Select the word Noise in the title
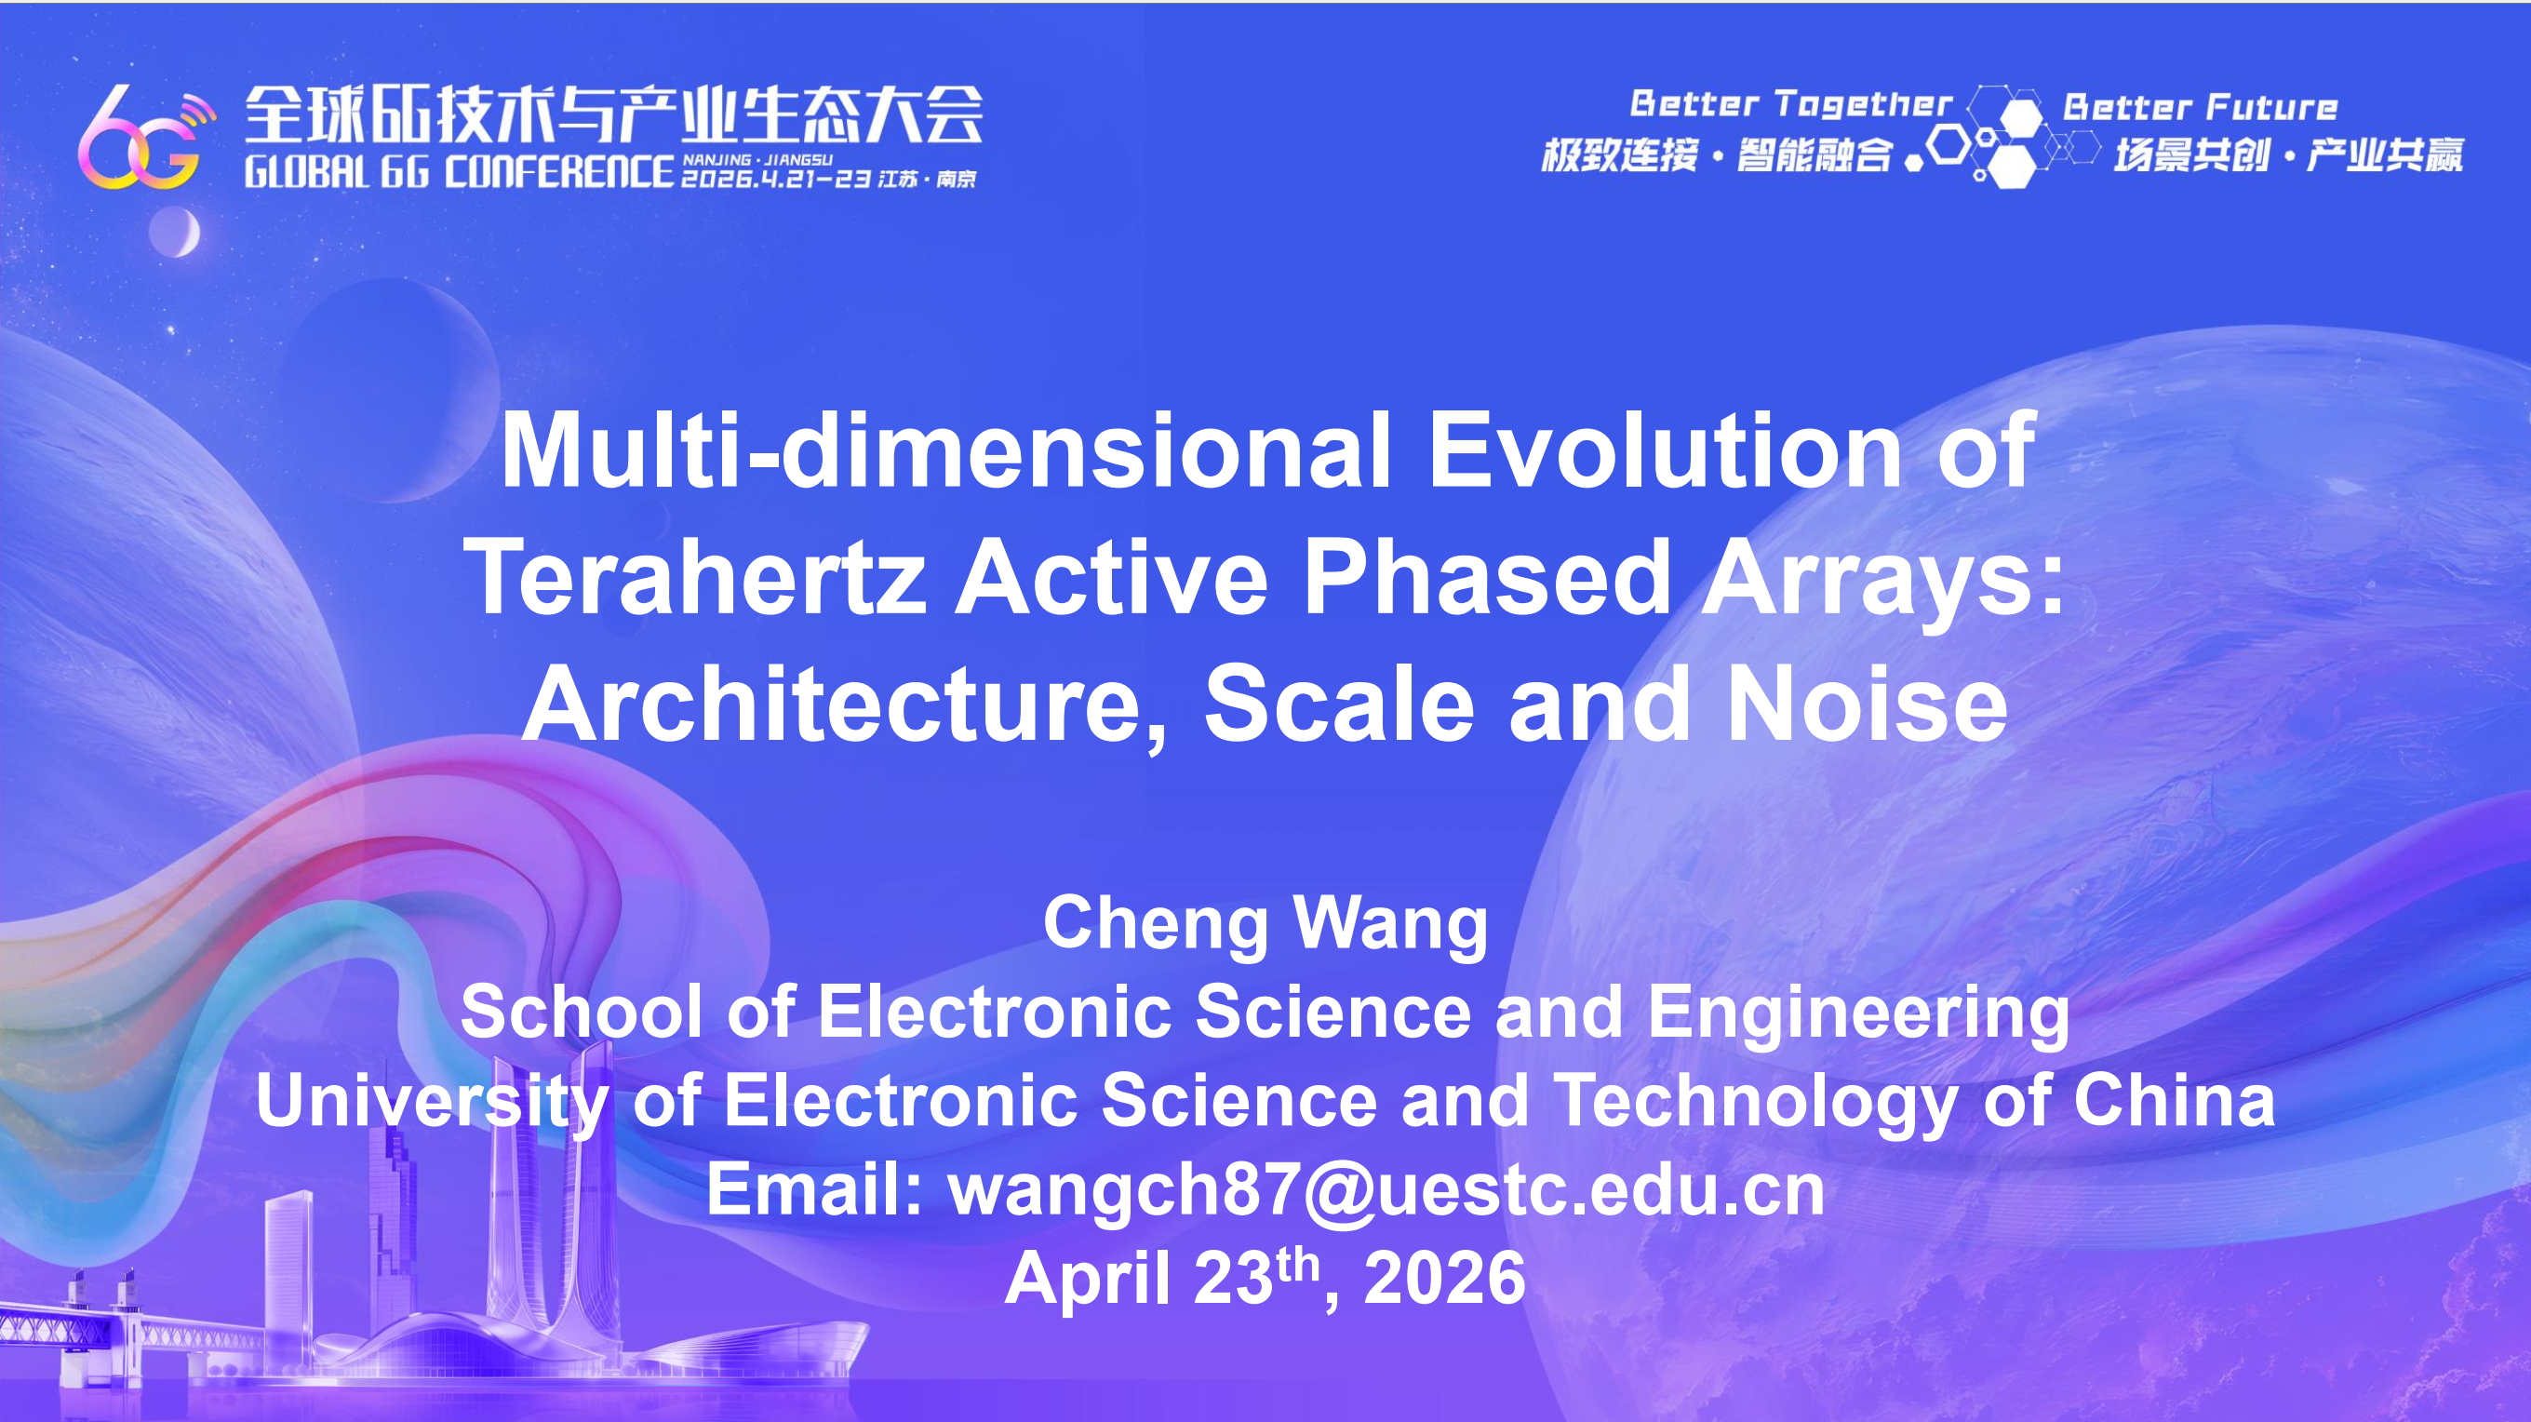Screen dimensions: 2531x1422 point(1867,704)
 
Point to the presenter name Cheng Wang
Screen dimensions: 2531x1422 point(1265,925)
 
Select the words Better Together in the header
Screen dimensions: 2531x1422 point(1790,104)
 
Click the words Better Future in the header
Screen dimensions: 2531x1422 point(2199,106)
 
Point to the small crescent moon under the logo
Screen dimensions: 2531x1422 point(175,233)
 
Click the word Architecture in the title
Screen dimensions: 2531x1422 point(845,705)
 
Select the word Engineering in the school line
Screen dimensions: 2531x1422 point(1858,1013)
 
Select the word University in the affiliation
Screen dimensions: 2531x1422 point(433,1102)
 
